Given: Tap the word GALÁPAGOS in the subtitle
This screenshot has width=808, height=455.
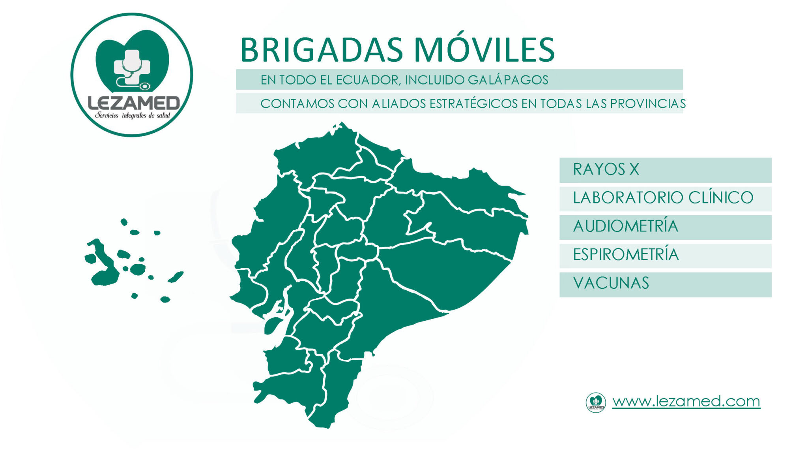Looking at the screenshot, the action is pyautogui.click(x=508, y=80).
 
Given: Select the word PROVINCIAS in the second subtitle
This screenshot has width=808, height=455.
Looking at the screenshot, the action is pyautogui.click(x=648, y=103).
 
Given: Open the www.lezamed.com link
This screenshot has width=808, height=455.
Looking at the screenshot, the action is pyautogui.click(x=686, y=401).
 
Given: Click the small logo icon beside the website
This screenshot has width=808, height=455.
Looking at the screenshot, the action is pyautogui.click(x=596, y=402).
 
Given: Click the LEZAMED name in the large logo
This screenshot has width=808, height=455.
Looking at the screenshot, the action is pyautogui.click(x=134, y=103).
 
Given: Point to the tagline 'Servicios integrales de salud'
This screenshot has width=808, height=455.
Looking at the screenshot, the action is pyautogui.click(x=133, y=115).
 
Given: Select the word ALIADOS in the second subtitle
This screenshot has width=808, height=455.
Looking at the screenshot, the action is pyautogui.click(x=398, y=103).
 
